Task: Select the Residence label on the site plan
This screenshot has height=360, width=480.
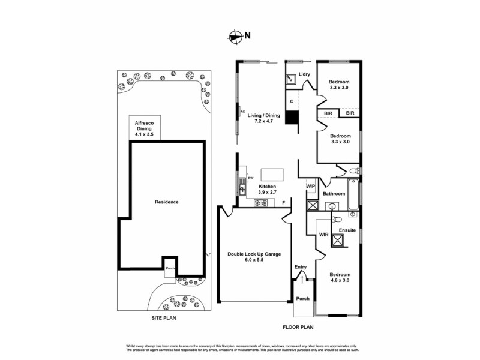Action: click(166, 202)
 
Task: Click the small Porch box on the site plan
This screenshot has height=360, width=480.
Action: click(170, 265)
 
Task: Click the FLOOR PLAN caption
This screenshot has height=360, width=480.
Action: click(298, 327)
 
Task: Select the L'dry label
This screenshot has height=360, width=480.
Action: click(304, 74)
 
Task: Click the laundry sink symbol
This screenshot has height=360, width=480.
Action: click(292, 78)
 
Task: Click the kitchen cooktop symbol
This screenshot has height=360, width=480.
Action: click(260, 203)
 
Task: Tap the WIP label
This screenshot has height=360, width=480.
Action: click(310, 187)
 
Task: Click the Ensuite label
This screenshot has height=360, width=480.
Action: click(347, 230)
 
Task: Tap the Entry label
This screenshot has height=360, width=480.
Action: click(301, 267)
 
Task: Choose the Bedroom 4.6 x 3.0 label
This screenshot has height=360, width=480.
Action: click(340, 277)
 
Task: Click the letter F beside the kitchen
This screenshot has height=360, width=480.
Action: click(283, 203)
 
